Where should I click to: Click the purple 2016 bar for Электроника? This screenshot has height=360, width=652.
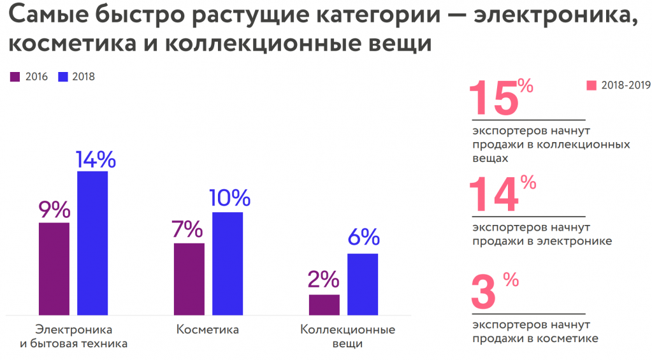point(54,268)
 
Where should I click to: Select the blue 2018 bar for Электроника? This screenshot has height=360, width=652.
point(92,243)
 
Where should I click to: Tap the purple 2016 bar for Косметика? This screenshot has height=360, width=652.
point(189,278)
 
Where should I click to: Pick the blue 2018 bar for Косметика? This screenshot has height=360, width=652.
point(228,263)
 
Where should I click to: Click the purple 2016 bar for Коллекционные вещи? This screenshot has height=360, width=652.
point(324,304)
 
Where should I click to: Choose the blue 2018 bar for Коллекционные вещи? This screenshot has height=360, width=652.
point(363,284)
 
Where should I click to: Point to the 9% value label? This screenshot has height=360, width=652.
point(54,209)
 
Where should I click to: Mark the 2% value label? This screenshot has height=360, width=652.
point(324,280)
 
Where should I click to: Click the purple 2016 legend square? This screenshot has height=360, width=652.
point(15,77)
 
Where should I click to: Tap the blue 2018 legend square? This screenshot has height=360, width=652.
point(62,77)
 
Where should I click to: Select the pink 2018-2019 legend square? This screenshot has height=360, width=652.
point(591,85)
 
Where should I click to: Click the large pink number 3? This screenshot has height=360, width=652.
point(482,292)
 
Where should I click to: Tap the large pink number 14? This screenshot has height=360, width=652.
point(493,194)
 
